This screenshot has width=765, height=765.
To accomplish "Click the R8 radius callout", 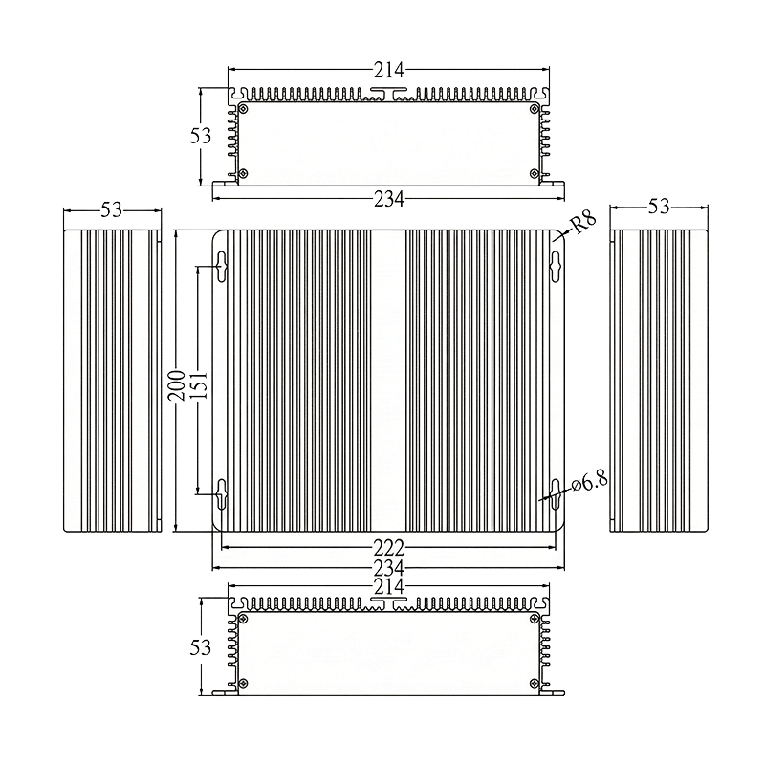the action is tap(583, 224).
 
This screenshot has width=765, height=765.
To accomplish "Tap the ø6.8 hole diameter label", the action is tap(590, 483).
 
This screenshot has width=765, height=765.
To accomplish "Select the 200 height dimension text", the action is tap(176, 386).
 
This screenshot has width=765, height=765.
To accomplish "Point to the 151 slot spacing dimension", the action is tap(199, 386).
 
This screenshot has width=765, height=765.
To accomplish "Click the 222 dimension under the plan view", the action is tap(389, 548).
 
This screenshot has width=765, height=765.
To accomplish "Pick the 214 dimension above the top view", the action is tap(389, 70).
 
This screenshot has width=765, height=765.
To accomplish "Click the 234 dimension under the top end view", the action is tap(389, 199).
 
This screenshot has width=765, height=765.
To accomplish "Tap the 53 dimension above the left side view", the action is tap(112, 209).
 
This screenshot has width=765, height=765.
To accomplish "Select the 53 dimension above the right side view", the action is tap(659, 207).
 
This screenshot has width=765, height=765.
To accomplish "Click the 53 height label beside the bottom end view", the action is tap(201, 647).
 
